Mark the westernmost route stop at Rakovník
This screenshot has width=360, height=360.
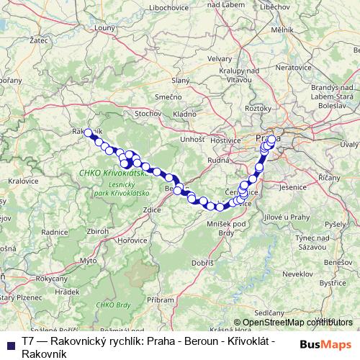(88, 132)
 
